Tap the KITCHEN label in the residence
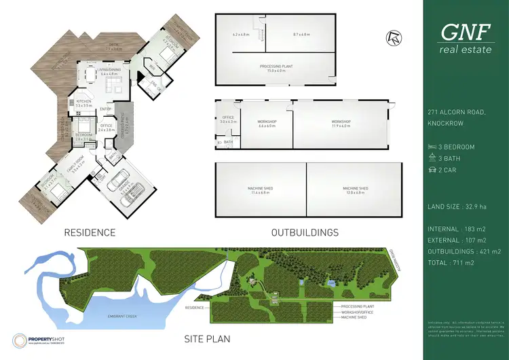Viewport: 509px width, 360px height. (83, 101)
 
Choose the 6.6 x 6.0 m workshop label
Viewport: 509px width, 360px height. (265, 123)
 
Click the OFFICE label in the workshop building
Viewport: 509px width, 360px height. (227, 118)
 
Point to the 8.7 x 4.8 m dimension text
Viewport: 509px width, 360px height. (301, 34)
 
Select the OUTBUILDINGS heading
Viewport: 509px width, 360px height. (305, 232)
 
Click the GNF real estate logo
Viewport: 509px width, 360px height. (466, 37)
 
